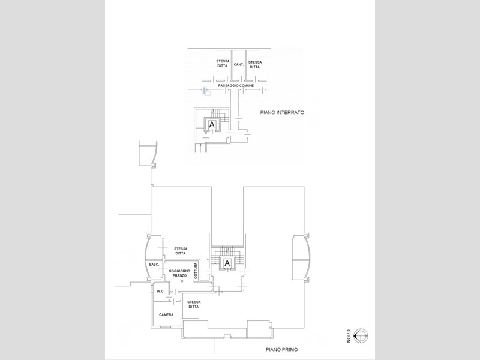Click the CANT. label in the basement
tap(239, 65)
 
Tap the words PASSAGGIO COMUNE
tap(236, 86)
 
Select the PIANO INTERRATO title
tap(282, 112)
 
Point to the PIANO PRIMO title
tap(281, 349)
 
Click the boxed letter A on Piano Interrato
tap(212, 125)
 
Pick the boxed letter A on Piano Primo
tap(227, 263)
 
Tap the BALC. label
tap(154, 265)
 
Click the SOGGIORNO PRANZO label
tap(179, 273)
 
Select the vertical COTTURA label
tap(196, 271)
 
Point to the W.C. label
tap(161, 291)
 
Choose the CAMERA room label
tap(166, 314)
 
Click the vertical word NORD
tap(349, 336)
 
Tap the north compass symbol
tap(361, 336)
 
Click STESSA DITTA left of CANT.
tap(223, 64)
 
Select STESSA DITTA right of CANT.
tap(254, 65)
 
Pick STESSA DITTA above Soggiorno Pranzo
tap(181, 251)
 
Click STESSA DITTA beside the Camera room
tap(194, 304)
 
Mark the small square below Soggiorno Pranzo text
tap(182, 281)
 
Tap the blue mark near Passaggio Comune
tap(206, 92)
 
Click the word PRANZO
tap(179, 275)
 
